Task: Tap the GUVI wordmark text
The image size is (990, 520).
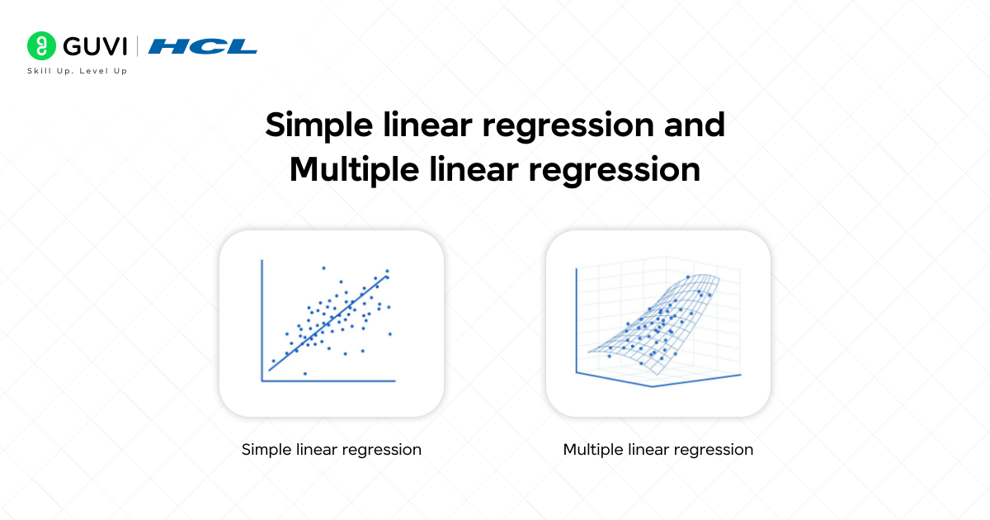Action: [91, 45]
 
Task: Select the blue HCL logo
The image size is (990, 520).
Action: [203, 46]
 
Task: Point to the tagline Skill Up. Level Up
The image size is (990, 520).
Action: [78, 71]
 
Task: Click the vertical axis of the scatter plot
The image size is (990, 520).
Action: [262, 322]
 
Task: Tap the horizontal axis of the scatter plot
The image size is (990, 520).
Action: [330, 381]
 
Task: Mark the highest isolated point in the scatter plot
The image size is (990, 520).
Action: [323, 267]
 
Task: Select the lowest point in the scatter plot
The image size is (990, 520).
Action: [305, 374]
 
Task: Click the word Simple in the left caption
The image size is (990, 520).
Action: [263, 450]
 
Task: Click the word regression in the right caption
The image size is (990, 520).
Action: [717, 450]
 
